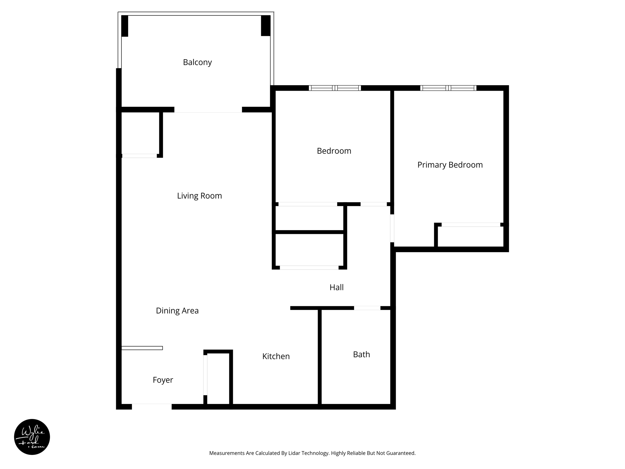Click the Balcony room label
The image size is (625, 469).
(197, 62)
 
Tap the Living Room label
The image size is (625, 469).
(199, 196)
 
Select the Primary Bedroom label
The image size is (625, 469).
(450, 165)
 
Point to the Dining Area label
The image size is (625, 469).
(177, 311)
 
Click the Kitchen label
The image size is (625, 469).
(276, 356)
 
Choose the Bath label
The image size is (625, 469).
(361, 354)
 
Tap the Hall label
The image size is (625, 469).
(336, 287)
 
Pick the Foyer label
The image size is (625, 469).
(163, 380)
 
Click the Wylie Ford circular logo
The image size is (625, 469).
(32, 437)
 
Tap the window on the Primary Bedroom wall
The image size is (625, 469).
(448, 88)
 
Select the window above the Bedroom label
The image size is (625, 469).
(335, 88)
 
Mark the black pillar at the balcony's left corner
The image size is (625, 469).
(125, 26)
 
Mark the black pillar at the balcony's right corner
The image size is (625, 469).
(266, 25)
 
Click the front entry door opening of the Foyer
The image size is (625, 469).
(152, 406)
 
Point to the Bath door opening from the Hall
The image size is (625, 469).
(367, 308)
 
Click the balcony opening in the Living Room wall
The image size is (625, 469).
(208, 110)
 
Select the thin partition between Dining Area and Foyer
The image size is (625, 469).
(142, 348)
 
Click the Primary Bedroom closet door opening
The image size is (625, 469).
(471, 225)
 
